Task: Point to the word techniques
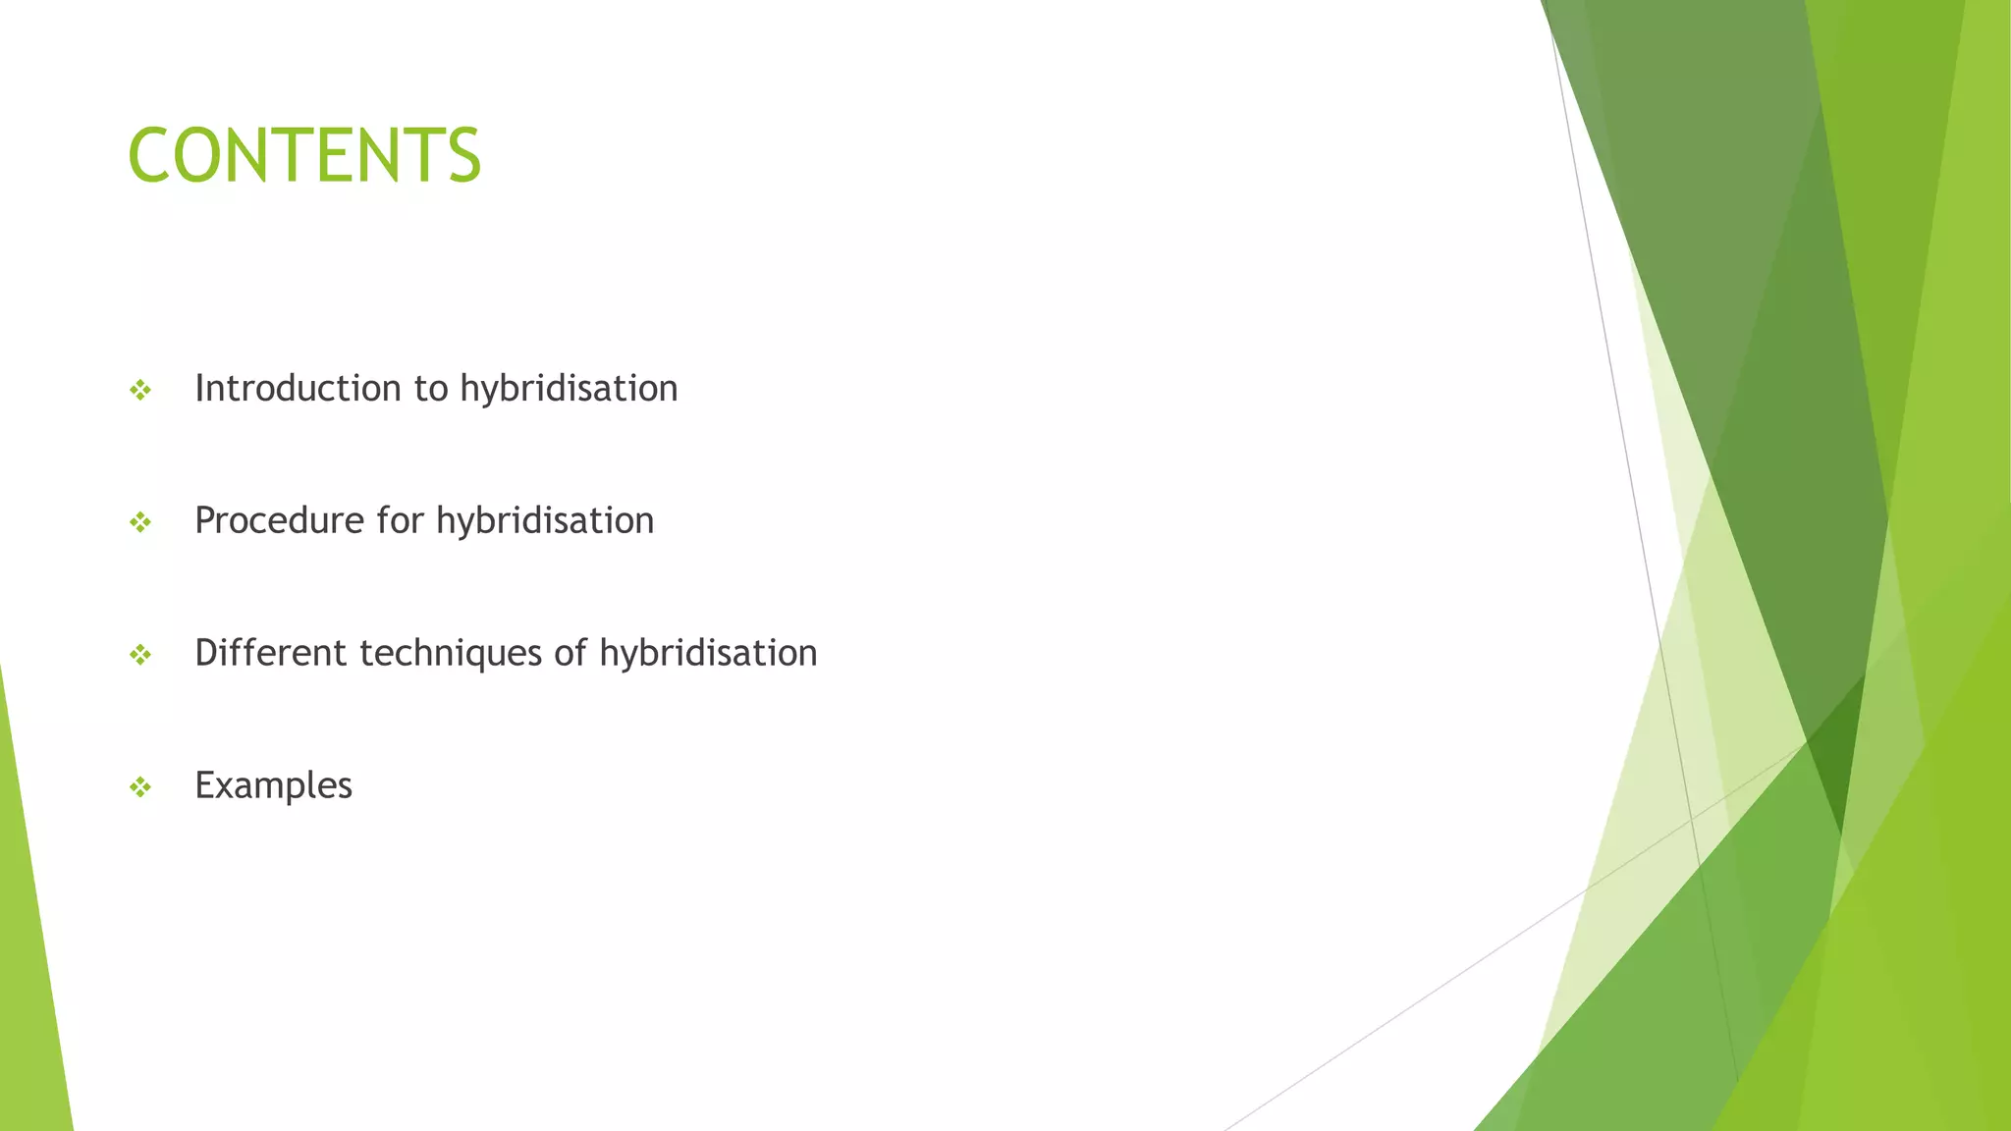click(x=451, y=654)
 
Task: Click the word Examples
click(x=273, y=785)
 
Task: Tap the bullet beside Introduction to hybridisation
click(x=140, y=391)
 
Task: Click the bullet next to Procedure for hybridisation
click(x=140, y=522)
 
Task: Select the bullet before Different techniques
click(x=140, y=655)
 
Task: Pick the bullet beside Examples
click(x=140, y=787)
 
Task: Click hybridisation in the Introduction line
click(x=569, y=389)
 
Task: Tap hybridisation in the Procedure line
click(x=545, y=521)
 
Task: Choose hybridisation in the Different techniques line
click(x=708, y=654)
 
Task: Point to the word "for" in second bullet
click(x=400, y=520)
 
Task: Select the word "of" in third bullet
click(x=571, y=653)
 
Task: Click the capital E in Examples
click(x=205, y=784)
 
